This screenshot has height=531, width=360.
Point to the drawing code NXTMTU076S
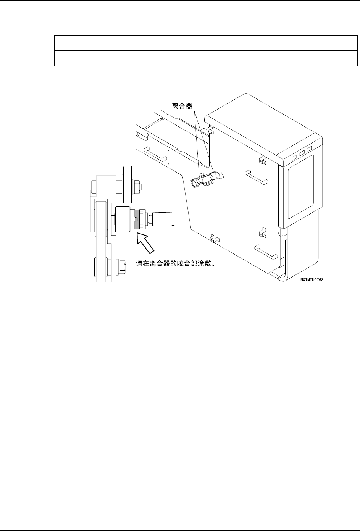click(x=314, y=279)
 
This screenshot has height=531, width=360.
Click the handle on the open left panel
click(x=155, y=155)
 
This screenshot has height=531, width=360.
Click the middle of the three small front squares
click(x=302, y=153)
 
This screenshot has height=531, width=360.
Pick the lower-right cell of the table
click(x=281, y=58)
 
